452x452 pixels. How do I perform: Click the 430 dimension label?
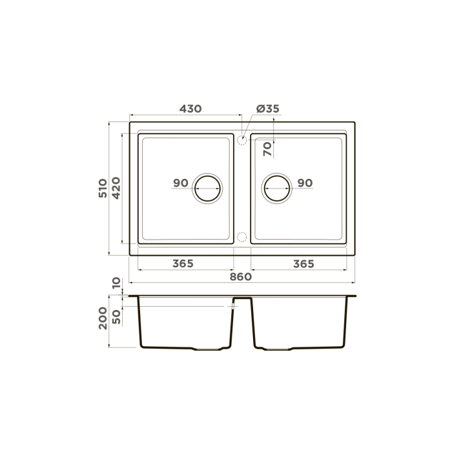190,108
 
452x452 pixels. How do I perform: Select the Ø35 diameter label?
267,108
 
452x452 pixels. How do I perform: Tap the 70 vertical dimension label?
267,149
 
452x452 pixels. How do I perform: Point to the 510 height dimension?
103,188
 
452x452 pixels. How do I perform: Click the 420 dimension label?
116,188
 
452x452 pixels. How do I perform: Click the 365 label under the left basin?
183,263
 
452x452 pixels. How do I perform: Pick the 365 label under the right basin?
303,263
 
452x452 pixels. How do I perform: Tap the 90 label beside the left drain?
181,183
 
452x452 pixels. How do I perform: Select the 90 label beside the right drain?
305,183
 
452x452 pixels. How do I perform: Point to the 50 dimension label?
116,316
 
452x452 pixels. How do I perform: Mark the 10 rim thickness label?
116,283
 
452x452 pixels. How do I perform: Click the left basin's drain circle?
208,188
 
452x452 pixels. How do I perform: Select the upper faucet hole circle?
241,139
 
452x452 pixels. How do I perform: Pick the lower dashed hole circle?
241,237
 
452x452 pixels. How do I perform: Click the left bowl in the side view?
184,323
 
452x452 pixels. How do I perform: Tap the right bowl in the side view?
300,323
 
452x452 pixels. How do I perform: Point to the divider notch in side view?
242,301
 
